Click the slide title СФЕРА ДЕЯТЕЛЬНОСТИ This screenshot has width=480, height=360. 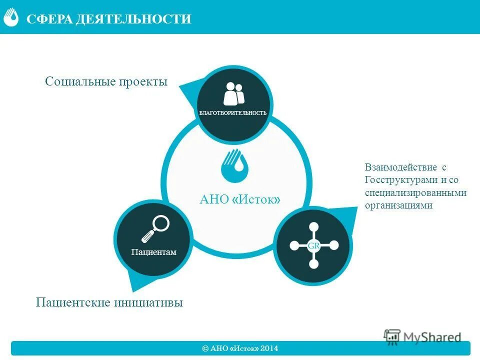tap(109, 19)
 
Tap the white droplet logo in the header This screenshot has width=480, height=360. tap(11, 17)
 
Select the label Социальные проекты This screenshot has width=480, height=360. tap(106, 81)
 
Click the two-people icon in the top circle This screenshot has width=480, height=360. tap(233, 93)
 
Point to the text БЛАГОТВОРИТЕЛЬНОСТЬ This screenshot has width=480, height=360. tap(233, 113)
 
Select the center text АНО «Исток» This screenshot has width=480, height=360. tap(239, 199)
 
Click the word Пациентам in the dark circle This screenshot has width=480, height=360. tap(154, 252)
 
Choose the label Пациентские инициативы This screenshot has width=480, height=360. tap(109, 302)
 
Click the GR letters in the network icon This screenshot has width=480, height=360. tap(313, 246)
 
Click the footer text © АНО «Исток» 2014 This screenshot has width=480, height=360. tap(240, 348)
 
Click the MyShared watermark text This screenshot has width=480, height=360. tap(432, 337)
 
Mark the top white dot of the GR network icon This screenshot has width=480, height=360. tap(313, 227)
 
